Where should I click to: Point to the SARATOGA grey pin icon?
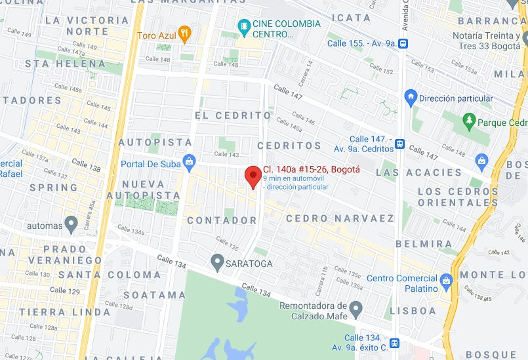tap(217, 263)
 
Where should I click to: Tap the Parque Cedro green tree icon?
tap(468, 121)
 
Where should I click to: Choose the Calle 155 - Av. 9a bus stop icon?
tap(403, 44)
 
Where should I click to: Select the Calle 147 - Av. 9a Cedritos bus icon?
tap(399, 144)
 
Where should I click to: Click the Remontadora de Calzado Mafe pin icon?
tap(355, 308)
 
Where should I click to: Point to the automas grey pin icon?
tap(71, 224)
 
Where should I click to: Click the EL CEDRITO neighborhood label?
tap(233, 115)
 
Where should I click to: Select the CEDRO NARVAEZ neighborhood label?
tap(340, 218)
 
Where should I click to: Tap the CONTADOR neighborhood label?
tap(222, 220)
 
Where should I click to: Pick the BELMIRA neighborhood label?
tap(423, 244)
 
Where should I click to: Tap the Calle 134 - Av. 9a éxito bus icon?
tap(394, 342)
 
